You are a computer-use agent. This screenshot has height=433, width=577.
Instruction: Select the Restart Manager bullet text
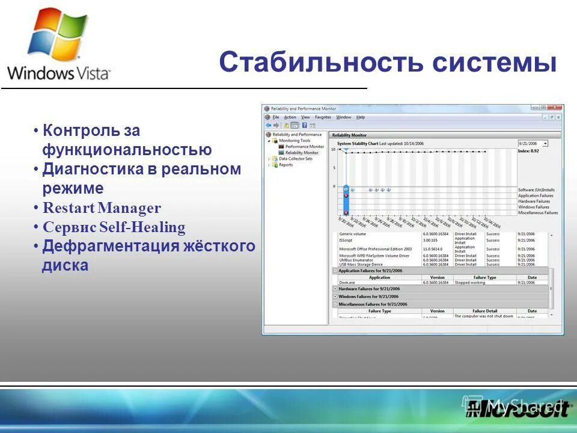pos(102,209)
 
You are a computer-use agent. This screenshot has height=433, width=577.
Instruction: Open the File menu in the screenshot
pos(276,117)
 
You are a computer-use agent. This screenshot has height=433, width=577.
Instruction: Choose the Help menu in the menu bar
pos(361,117)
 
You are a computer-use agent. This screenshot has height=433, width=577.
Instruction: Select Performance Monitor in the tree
pos(304,147)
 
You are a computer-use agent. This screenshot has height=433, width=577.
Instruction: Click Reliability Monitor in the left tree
pos(302,153)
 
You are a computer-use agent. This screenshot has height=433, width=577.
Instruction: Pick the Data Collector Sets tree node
pos(296,159)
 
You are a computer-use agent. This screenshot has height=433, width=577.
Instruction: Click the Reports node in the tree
pos(286,165)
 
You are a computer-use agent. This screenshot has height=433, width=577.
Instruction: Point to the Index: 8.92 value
pos(528,151)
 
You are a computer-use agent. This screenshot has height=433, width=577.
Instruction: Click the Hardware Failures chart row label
pos(534,201)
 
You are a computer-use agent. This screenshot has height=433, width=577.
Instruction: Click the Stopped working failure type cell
pos(471,282)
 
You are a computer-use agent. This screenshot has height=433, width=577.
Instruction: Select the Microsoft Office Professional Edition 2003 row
pos(375,248)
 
